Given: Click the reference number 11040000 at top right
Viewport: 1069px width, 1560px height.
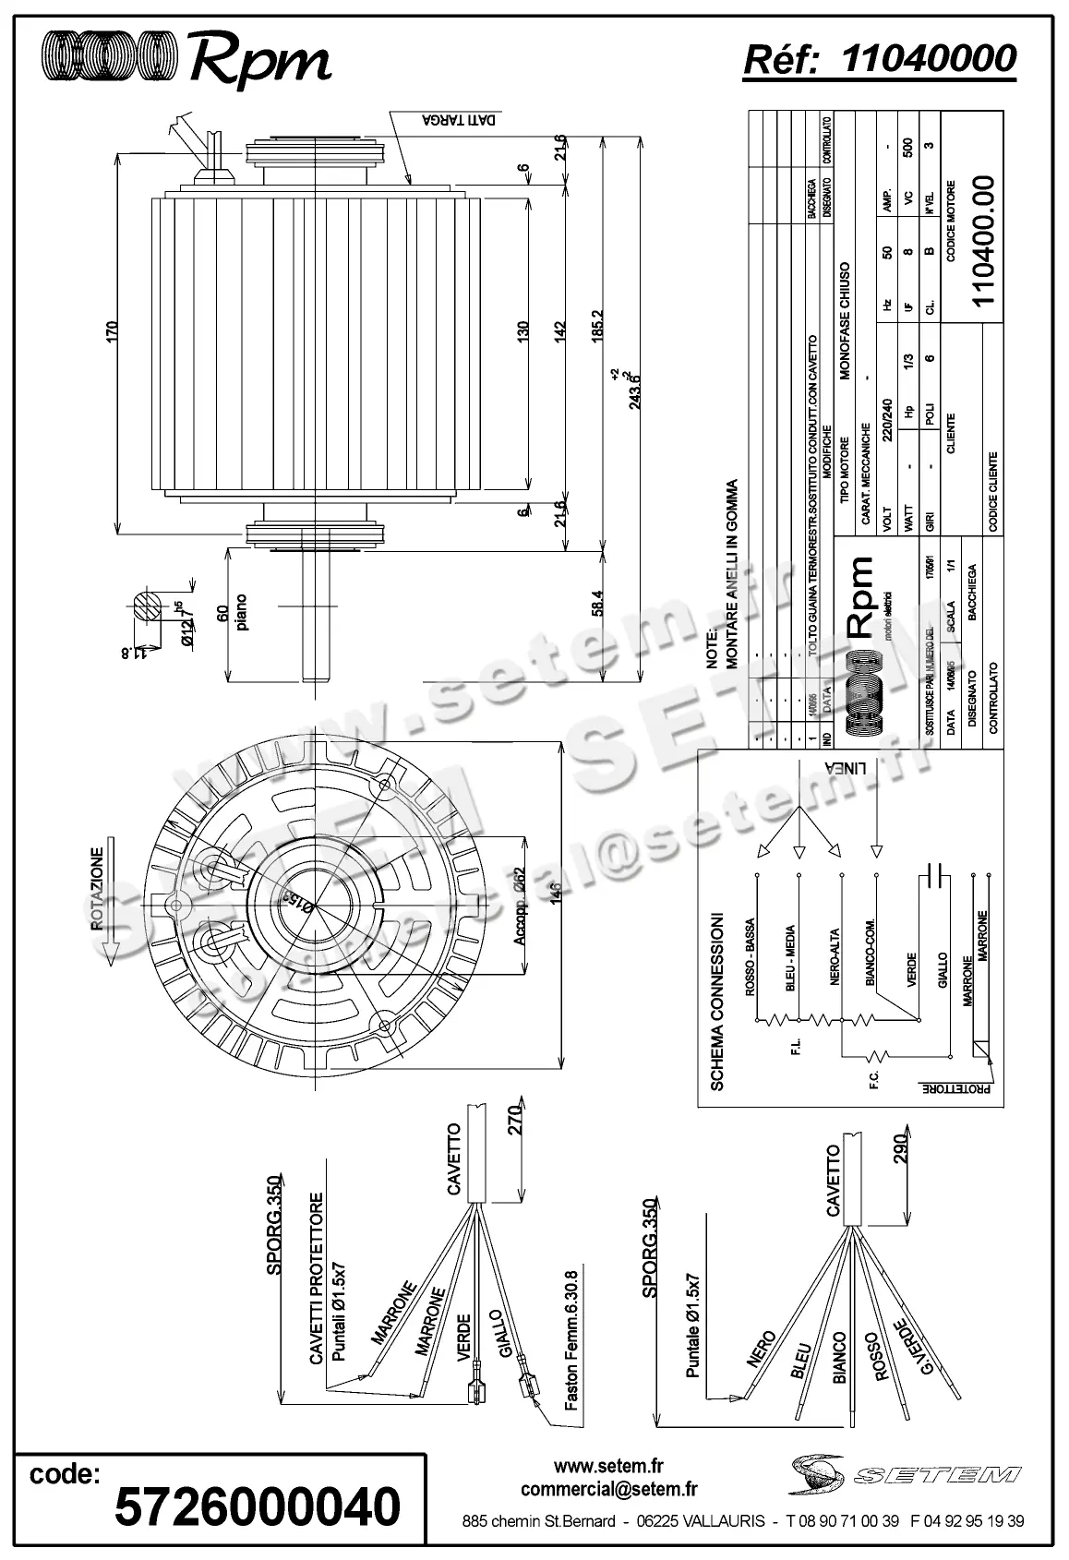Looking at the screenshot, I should coord(929,59).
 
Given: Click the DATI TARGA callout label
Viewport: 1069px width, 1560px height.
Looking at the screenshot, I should coord(461,121).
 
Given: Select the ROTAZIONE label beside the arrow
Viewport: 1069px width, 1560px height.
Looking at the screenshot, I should coord(96,886).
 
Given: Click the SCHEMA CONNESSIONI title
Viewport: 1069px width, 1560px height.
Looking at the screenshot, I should coord(716,1002).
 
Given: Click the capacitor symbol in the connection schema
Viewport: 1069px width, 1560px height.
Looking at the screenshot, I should coord(937,873).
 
